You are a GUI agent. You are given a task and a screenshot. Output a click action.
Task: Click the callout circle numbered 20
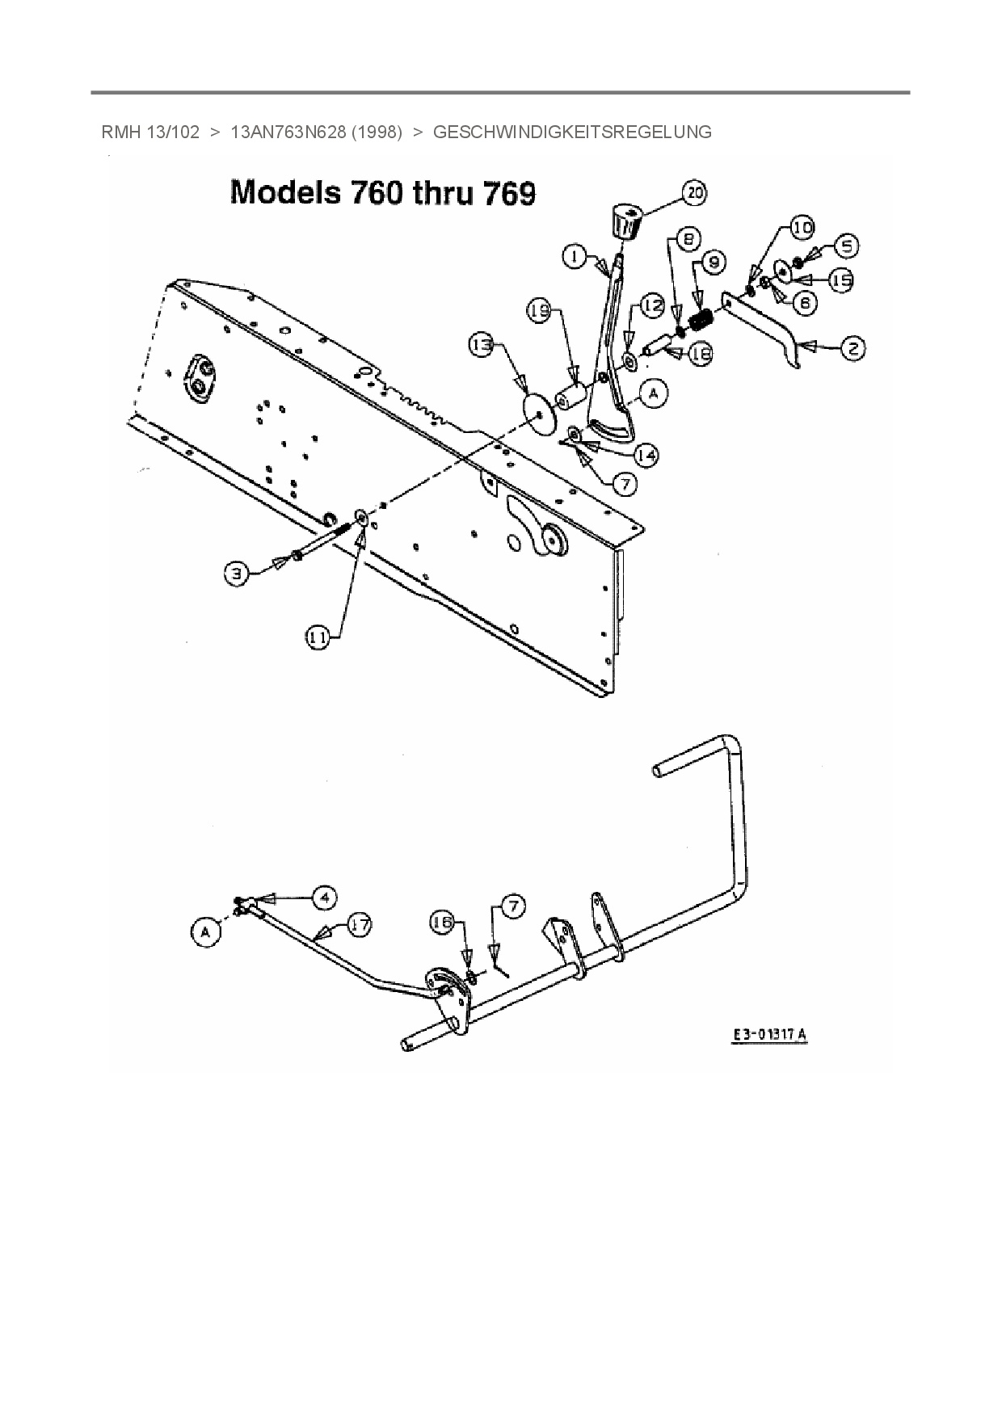click(x=695, y=193)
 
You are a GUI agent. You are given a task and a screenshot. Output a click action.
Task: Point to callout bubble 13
click(x=482, y=345)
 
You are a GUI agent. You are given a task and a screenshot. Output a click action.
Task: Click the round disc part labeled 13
click(x=537, y=411)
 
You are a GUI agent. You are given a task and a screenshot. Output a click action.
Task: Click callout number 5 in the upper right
click(x=845, y=246)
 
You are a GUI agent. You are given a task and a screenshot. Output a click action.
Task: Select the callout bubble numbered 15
click(x=841, y=280)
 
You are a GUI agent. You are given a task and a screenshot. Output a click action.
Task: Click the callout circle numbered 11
click(x=318, y=637)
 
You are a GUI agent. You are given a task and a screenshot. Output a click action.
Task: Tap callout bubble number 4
click(x=324, y=897)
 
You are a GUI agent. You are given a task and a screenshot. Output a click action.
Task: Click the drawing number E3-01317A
click(x=769, y=1035)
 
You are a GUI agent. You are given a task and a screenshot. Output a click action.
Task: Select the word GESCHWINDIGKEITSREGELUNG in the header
click(x=572, y=132)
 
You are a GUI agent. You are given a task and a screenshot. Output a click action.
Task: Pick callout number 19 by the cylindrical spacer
click(x=541, y=309)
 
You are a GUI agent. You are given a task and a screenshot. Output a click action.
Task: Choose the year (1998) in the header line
click(x=377, y=132)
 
